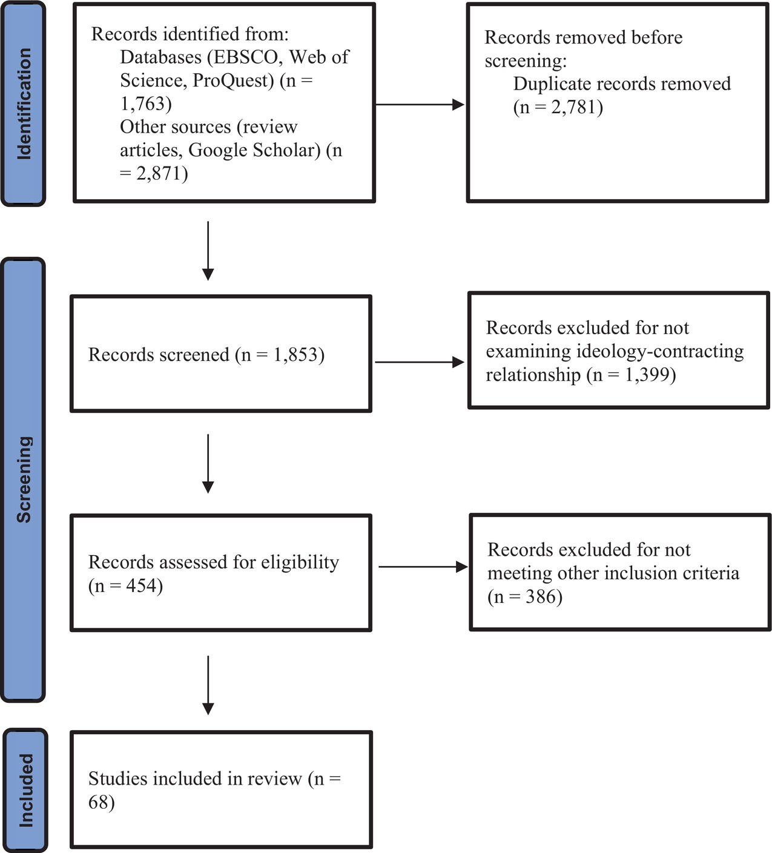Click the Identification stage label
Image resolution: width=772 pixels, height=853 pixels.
click(24, 104)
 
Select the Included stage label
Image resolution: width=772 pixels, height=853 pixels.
click(26, 791)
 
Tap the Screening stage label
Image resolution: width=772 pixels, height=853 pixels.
click(24, 479)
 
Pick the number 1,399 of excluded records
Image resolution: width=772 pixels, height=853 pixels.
click(647, 374)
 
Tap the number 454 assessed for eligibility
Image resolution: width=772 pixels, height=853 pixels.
click(141, 585)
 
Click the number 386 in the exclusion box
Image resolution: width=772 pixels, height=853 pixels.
click(541, 596)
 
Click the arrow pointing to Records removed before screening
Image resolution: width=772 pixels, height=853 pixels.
click(420, 104)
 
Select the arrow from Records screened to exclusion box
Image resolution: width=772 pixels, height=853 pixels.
click(420, 362)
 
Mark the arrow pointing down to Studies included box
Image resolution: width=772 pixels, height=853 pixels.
click(208, 685)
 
